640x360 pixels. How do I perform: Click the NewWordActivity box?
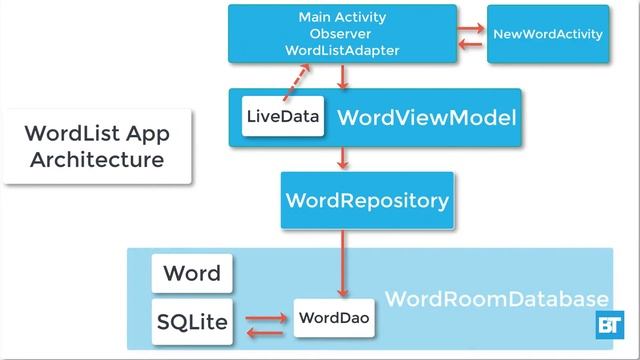[x=548, y=34]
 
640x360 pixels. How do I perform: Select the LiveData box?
[x=284, y=118]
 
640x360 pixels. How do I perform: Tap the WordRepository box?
[x=367, y=200]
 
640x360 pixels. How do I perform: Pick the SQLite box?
[x=192, y=322]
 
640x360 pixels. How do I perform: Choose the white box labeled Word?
[x=192, y=273]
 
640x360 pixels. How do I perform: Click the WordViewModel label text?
[x=427, y=119]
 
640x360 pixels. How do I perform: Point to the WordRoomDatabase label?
[x=496, y=299]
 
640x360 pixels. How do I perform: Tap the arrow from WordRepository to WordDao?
[x=343, y=262]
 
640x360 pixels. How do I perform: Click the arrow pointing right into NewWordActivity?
[x=471, y=27]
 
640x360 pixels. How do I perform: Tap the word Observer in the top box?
[x=342, y=34]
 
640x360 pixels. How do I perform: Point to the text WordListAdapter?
[x=342, y=50]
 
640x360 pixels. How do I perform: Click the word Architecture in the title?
[x=96, y=160]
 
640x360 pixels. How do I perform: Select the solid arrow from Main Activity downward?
[x=343, y=76]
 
